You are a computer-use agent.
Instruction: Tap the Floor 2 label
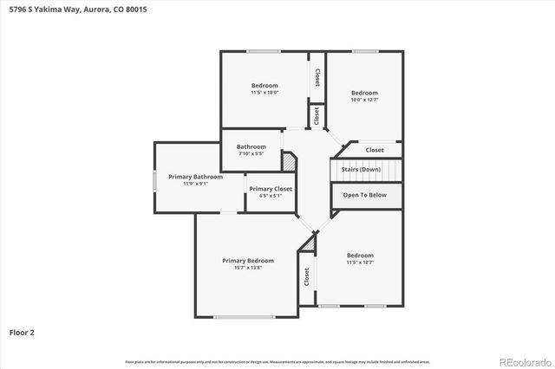click(22, 332)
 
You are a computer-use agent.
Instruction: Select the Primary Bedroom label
click(248, 261)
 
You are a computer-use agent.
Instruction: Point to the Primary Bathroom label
click(196, 177)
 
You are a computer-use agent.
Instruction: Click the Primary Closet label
click(271, 189)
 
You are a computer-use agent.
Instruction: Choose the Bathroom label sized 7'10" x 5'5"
click(251, 146)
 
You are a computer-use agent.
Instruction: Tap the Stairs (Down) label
click(361, 169)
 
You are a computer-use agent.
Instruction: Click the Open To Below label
click(365, 195)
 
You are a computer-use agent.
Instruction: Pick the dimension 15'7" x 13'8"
click(248, 269)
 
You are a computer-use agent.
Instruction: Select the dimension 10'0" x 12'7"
click(364, 100)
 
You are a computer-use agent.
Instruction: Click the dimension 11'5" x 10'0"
click(264, 93)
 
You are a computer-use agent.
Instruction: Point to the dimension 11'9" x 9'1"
click(196, 184)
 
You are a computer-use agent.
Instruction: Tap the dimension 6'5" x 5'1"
click(271, 197)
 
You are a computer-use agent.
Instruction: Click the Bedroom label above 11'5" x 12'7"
click(360, 256)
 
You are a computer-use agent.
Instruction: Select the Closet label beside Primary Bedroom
click(307, 277)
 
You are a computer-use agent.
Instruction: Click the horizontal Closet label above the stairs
click(375, 150)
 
